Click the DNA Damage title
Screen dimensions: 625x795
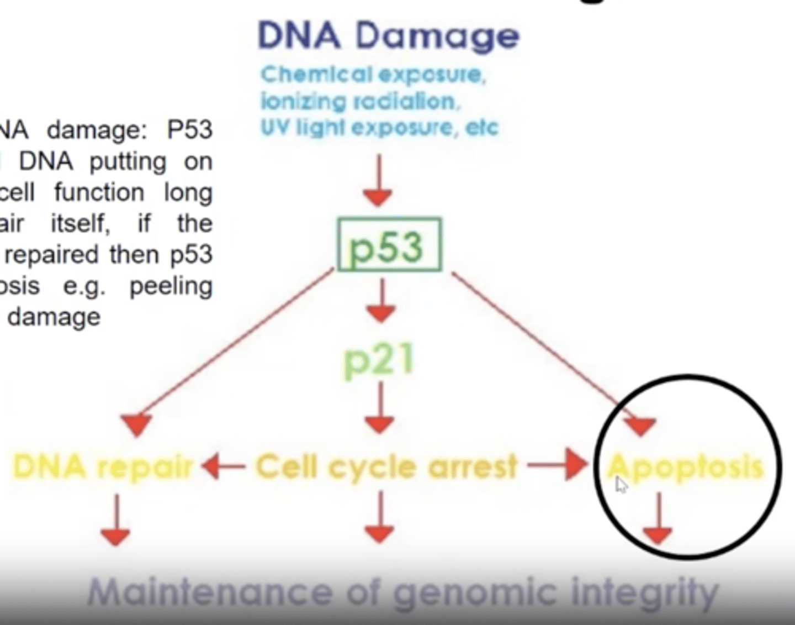click(389, 36)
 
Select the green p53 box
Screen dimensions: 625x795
click(389, 245)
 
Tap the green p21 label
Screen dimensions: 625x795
click(379, 361)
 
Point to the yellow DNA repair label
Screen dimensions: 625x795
click(103, 467)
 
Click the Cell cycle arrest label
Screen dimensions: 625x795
click(386, 467)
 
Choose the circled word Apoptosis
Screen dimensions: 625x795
click(685, 467)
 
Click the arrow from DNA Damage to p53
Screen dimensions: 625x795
click(378, 180)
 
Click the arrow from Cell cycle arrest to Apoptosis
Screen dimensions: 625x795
click(558, 465)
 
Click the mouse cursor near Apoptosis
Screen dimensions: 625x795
click(622, 486)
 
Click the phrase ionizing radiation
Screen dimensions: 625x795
click(359, 102)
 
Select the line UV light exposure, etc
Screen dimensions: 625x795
click(379, 128)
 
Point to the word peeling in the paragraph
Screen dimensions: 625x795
click(171, 287)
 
